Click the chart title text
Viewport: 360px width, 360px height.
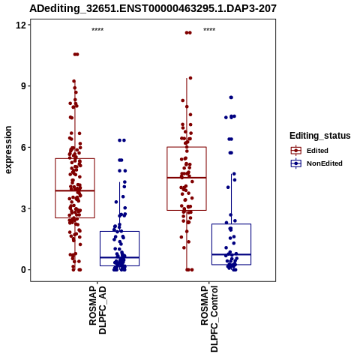pos(153,8)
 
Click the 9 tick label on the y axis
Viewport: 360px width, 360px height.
pos(23,86)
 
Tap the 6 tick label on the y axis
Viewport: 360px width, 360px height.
pos(23,147)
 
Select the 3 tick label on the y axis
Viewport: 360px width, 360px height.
pos(23,208)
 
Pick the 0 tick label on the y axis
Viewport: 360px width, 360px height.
pos(23,270)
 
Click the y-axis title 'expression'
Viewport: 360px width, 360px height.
pos(8,150)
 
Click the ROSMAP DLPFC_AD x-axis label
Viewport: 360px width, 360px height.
pos(97,310)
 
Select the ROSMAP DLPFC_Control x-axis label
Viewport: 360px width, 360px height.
pos(209,319)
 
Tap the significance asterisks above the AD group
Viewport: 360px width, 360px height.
pos(97,30)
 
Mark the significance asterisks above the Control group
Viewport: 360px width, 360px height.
pos(209,30)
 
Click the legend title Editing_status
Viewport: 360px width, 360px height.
pos(320,136)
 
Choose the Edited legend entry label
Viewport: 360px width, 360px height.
pos(317,151)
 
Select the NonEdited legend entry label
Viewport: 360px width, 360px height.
pos(325,163)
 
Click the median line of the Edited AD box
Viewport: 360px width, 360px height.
pos(75,190)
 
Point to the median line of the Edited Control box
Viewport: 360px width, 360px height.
pos(187,178)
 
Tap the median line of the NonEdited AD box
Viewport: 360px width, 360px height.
pos(120,257)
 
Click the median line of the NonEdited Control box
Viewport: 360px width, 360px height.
pos(232,254)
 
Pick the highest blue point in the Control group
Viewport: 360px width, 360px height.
pos(231,97)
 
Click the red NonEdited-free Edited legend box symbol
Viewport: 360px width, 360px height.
pos(296,151)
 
